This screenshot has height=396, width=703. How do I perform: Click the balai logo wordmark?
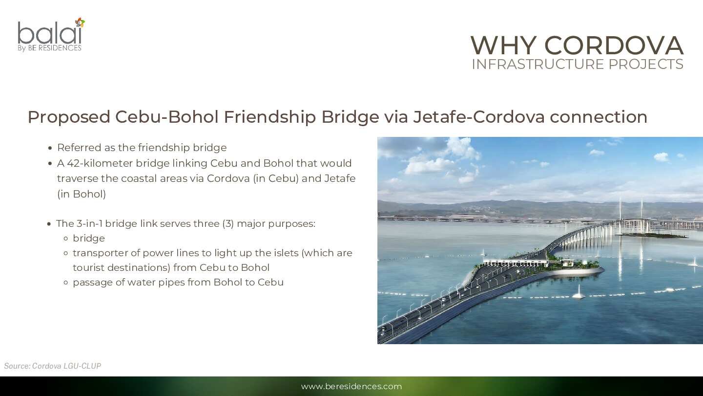50,33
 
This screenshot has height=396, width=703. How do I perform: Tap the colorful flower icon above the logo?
80,22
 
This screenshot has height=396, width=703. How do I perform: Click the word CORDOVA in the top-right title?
614,45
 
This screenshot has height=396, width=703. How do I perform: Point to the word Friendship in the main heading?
269,117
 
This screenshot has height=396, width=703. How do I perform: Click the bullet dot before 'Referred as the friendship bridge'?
50,148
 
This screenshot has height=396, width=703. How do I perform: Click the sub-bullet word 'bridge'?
89,238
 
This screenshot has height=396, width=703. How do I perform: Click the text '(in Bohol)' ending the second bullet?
82,194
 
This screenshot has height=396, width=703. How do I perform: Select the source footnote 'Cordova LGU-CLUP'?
66,366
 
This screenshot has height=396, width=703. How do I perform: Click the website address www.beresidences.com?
351,386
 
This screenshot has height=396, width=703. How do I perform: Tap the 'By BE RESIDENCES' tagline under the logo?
50,48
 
